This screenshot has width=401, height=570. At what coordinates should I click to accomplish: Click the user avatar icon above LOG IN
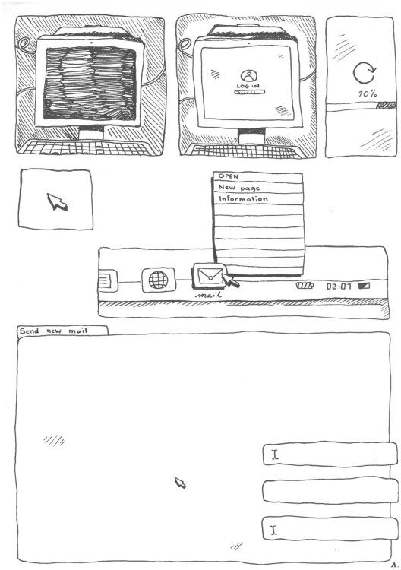pyautogui.click(x=248, y=76)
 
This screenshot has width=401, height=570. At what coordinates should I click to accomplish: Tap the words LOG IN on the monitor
pyautogui.click(x=248, y=86)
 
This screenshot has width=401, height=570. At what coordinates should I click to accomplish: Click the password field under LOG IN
pyautogui.click(x=249, y=92)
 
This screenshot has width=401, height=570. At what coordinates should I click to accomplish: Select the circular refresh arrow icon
pyautogui.click(x=365, y=73)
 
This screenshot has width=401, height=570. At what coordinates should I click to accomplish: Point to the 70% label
pyautogui.click(x=368, y=93)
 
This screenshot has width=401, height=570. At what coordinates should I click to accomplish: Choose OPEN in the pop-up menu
pyautogui.click(x=228, y=176)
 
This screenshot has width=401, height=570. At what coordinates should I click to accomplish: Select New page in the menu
pyautogui.click(x=239, y=188)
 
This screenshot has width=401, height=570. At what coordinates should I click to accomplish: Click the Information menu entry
pyautogui.click(x=243, y=199)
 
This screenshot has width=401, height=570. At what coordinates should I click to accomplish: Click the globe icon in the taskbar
pyautogui.click(x=159, y=280)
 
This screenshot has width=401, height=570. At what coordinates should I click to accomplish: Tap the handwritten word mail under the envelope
pyautogui.click(x=208, y=295)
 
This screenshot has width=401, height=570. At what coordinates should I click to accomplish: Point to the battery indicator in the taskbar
pyautogui.click(x=305, y=285)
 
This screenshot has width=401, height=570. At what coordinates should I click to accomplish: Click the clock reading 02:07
pyautogui.click(x=339, y=287)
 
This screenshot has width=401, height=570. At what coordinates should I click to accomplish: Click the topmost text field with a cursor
pyautogui.click(x=330, y=454)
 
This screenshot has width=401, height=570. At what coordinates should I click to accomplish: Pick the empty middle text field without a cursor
pyautogui.click(x=330, y=491)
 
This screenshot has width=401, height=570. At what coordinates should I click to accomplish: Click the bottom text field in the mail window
pyautogui.click(x=330, y=528)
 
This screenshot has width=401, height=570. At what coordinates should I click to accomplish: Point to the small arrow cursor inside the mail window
pyautogui.click(x=180, y=483)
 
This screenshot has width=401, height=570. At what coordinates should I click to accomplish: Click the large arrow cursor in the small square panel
pyautogui.click(x=57, y=201)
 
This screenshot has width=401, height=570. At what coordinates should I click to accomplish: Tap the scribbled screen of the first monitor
pyautogui.click(x=90, y=84)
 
